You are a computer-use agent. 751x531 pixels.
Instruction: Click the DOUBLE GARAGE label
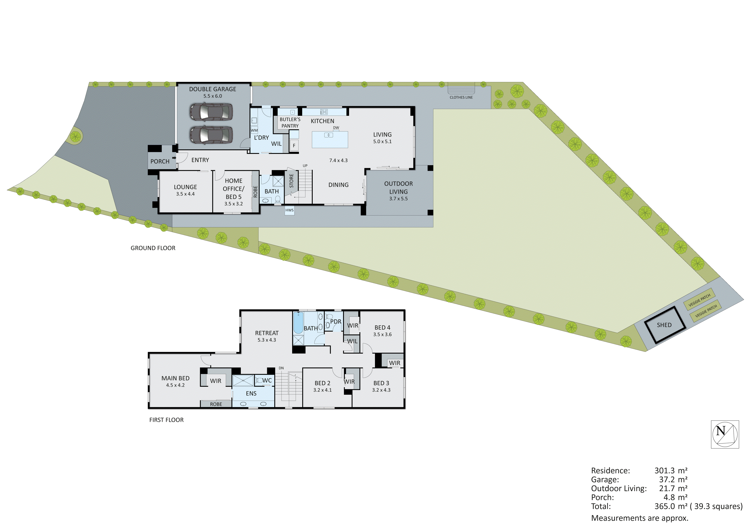pos(212,89)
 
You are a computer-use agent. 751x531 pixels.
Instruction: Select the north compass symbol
pos(725,434)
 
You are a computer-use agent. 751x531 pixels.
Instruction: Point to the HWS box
pos(290,210)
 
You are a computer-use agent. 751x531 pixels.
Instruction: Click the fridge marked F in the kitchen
pos(294,146)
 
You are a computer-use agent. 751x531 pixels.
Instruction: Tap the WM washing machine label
pos(254,130)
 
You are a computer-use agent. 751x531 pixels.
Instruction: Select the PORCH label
pos(160,161)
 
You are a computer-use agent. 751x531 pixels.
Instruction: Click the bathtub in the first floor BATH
pos(298,323)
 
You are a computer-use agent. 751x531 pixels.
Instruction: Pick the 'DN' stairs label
pos(281,368)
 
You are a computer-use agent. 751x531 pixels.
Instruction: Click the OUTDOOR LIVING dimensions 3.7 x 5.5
pos(398,199)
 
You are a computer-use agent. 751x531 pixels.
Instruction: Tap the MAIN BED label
pos(175,378)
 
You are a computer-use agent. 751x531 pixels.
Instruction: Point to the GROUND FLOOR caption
pos(153,248)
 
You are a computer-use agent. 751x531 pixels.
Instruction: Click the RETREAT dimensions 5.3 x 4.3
pos(267,340)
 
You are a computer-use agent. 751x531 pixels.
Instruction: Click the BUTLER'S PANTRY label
pos(290,122)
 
